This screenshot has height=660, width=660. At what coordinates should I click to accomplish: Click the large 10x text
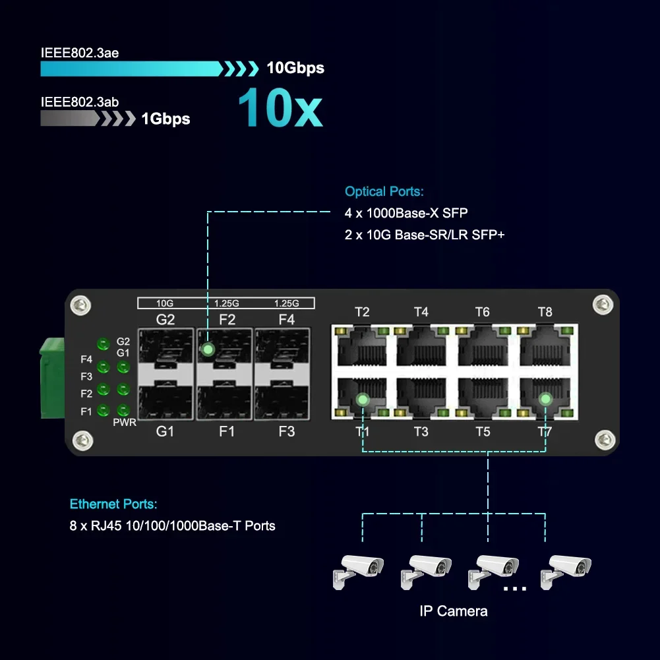click(280, 107)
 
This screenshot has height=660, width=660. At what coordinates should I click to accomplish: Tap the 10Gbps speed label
click(295, 68)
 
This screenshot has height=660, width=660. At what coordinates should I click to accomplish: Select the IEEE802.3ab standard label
click(80, 102)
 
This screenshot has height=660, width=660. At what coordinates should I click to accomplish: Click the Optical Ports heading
click(384, 192)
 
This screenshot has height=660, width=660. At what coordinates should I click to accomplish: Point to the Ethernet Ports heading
click(113, 504)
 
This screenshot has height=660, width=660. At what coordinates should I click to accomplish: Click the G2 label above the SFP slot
click(165, 320)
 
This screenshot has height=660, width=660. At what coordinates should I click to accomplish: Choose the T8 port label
click(545, 312)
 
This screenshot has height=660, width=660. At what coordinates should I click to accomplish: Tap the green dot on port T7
click(545, 399)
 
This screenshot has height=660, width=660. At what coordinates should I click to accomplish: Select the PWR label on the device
click(125, 422)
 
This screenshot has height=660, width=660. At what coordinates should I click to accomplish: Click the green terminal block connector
click(52, 378)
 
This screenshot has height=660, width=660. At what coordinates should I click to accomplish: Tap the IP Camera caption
click(454, 611)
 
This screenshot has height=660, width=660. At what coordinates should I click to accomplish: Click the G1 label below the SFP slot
click(165, 432)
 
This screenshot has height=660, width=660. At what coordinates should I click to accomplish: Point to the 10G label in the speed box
click(165, 303)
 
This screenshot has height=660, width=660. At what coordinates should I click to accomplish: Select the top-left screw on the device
click(81, 305)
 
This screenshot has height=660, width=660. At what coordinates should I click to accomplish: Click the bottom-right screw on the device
click(603, 439)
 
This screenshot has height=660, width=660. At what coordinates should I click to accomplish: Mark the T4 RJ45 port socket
click(421, 346)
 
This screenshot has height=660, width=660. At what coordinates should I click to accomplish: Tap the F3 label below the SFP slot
click(287, 432)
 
